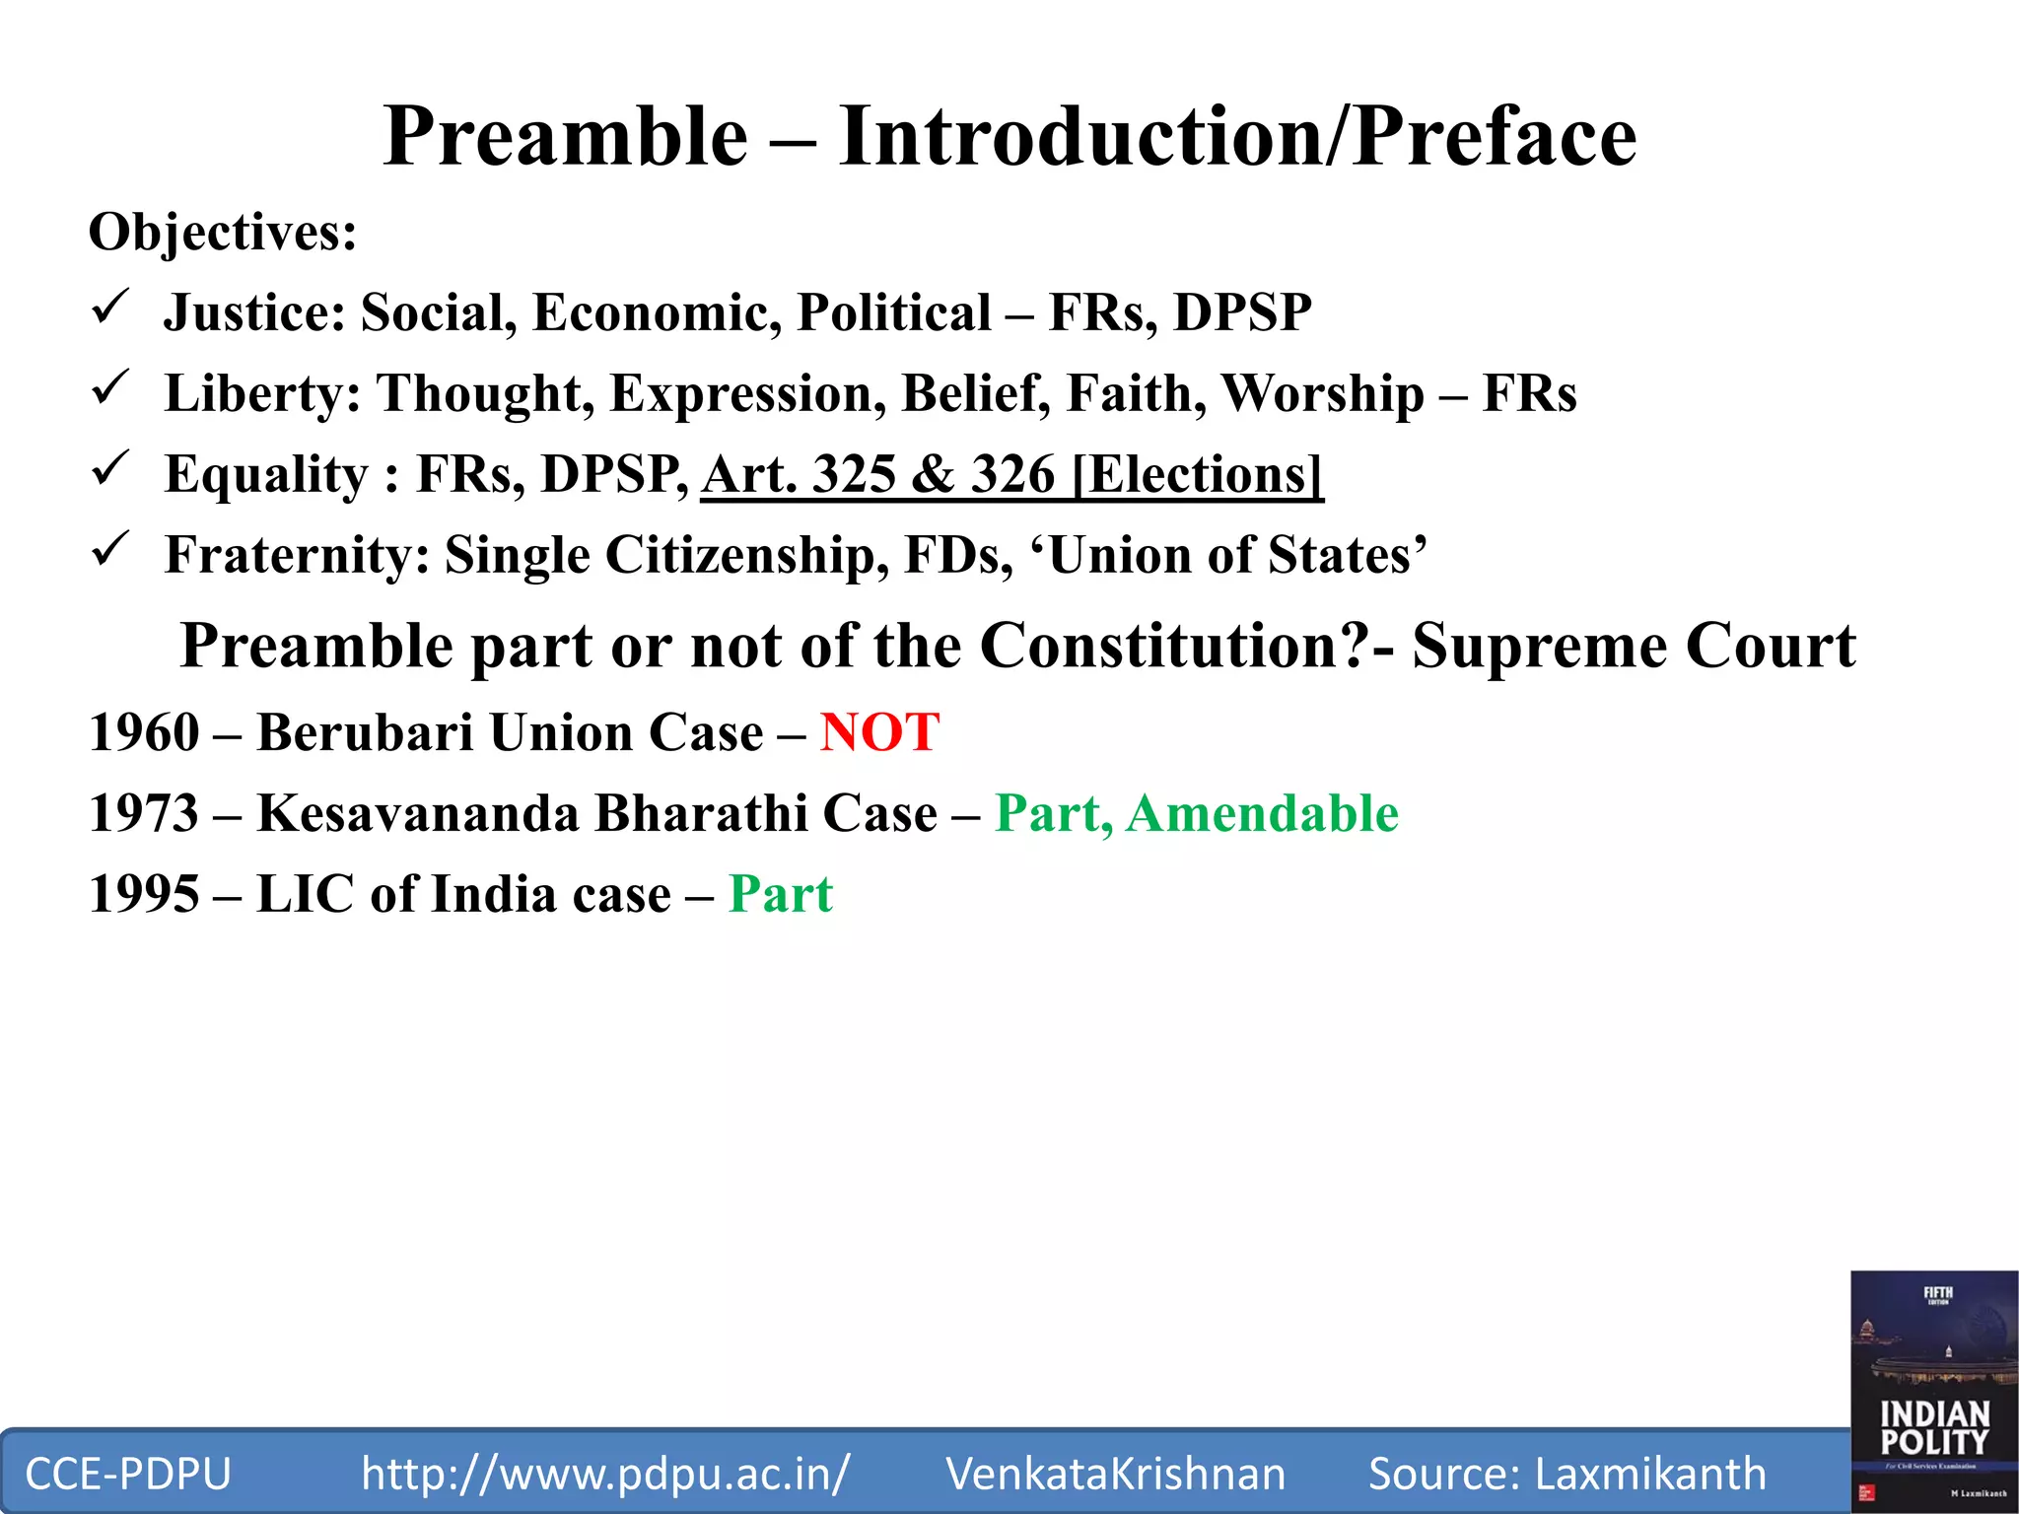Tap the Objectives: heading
(223, 234)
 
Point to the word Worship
(1322, 394)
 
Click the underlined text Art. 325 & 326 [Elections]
(1011, 475)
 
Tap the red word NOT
(879, 733)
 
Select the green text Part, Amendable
(1196, 814)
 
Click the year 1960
(144, 733)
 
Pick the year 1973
(144, 814)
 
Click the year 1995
(144, 895)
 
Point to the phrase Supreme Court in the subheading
(1634, 647)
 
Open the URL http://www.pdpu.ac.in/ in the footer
(604, 1474)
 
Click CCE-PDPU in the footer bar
(128, 1474)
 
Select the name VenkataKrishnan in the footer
(1115, 1474)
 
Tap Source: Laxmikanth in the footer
(1566, 1474)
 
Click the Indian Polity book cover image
(1933, 1390)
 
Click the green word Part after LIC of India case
(780, 895)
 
